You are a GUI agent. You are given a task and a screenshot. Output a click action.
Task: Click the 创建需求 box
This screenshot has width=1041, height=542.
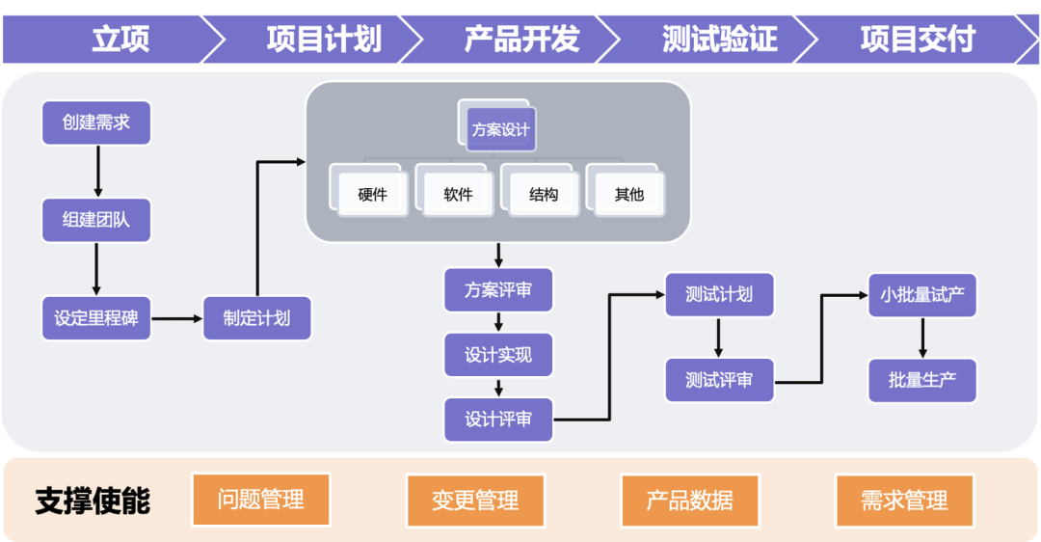click(x=96, y=122)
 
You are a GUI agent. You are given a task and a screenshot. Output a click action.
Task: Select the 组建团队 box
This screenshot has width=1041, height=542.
click(x=96, y=220)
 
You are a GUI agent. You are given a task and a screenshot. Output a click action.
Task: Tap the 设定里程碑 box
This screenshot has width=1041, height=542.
click(x=96, y=318)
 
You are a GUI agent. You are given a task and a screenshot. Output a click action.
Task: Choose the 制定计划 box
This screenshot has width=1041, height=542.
click(x=257, y=318)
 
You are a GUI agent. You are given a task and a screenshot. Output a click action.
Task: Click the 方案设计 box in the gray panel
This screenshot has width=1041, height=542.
click(x=500, y=129)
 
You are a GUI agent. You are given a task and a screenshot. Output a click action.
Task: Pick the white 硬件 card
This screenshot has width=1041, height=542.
click(x=372, y=194)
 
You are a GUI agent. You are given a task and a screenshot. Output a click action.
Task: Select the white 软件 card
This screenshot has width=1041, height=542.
click(x=458, y=194)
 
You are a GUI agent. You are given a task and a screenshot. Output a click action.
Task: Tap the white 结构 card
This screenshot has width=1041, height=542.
click(x=544, y=194)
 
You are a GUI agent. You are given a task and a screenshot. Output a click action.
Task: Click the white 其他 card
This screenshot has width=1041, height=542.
click(x=629, y=194)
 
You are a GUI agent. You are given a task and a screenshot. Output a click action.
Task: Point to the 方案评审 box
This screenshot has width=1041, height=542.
click(x=498, y=289)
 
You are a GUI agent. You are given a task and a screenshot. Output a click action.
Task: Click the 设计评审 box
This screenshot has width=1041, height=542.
click(x=498, y=420)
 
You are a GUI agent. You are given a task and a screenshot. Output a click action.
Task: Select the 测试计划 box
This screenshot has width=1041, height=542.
click(x=719, y=294)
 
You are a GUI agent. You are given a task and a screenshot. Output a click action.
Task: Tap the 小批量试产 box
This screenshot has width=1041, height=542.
click(x=922, y=295)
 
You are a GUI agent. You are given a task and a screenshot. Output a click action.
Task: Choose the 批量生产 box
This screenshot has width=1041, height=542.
click(x=922, y=381)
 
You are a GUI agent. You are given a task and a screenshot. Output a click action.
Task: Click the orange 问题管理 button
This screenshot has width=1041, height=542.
click(x=261, y=500)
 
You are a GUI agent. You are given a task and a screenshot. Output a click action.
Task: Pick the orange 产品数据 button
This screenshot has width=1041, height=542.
click(x=690, y=501)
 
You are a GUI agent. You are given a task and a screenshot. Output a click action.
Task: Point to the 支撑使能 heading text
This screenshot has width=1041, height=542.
click(x=93, y=501)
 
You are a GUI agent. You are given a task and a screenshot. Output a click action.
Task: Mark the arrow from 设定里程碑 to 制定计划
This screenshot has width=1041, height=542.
click(x=176, y=319)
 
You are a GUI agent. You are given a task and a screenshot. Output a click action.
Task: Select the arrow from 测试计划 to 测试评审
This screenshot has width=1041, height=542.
click(x=718, y=339)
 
